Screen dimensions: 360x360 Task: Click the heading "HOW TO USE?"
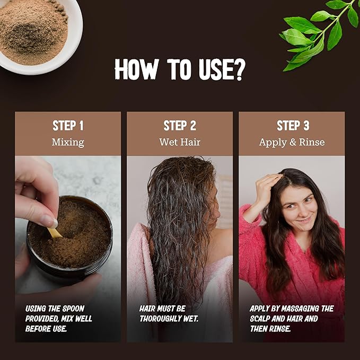179,69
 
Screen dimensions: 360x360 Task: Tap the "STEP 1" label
68,126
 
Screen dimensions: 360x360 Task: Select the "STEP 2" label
180,126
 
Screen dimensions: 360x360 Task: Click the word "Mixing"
68,142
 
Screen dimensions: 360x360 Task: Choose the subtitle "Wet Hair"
180,142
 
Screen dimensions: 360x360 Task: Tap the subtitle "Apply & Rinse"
292,142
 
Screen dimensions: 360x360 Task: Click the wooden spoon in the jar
54,232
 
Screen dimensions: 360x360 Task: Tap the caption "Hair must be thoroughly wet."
169,313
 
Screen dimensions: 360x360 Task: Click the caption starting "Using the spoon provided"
58,318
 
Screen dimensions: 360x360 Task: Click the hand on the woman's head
267,187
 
